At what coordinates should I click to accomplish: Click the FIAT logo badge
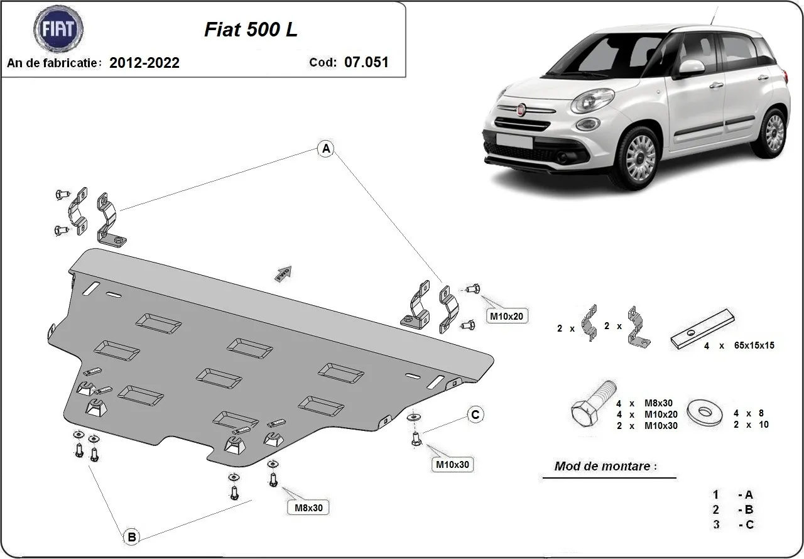[x=58, y=29]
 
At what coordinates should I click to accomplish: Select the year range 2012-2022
[x=144, y=63]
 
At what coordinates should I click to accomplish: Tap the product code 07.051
[x=366, y=62]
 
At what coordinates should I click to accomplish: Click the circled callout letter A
[x=325, y=149]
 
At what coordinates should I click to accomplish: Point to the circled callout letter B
[x=131, y=537]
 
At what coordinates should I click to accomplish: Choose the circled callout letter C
[x=475, y=415]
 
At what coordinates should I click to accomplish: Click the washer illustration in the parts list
[x=707, y=412]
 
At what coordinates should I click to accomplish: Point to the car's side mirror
[x=692, y=67]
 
